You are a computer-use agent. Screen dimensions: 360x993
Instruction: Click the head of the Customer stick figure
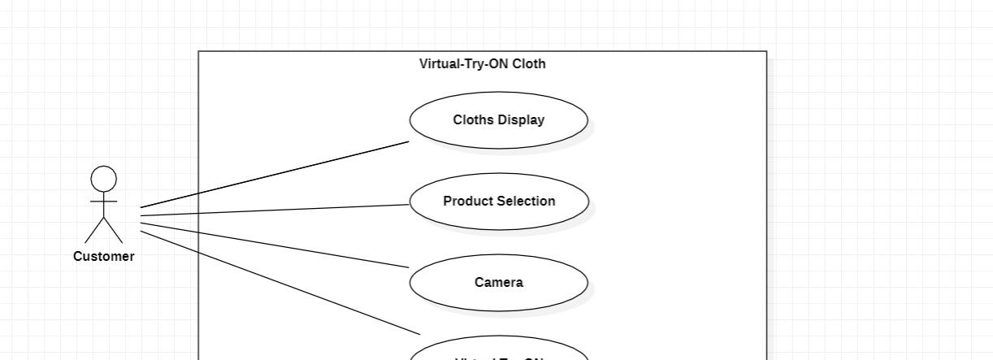pos(103,179)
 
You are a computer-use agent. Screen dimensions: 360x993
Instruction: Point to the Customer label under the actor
pos(103,257)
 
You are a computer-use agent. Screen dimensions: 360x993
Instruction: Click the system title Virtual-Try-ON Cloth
pos(482,64)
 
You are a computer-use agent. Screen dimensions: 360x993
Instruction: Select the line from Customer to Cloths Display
pos(275,175)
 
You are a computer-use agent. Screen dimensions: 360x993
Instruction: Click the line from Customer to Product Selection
pos(275,210)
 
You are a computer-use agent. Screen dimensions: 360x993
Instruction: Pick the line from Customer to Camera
pos(275,244)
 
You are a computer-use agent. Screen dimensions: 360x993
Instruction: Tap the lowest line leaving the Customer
pos(280,283)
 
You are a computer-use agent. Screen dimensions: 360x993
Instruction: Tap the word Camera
pos(498,283)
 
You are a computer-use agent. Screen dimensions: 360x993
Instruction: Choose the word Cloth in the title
pos(529,64)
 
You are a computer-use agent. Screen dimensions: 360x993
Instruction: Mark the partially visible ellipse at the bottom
pos(498,354)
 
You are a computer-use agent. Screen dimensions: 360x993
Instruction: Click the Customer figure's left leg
pos(94,231)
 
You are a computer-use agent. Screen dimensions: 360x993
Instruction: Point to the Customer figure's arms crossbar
pos(103,201)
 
